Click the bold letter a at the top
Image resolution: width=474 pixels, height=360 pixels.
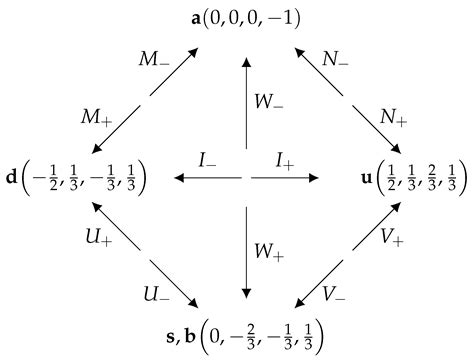[195, 17]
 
